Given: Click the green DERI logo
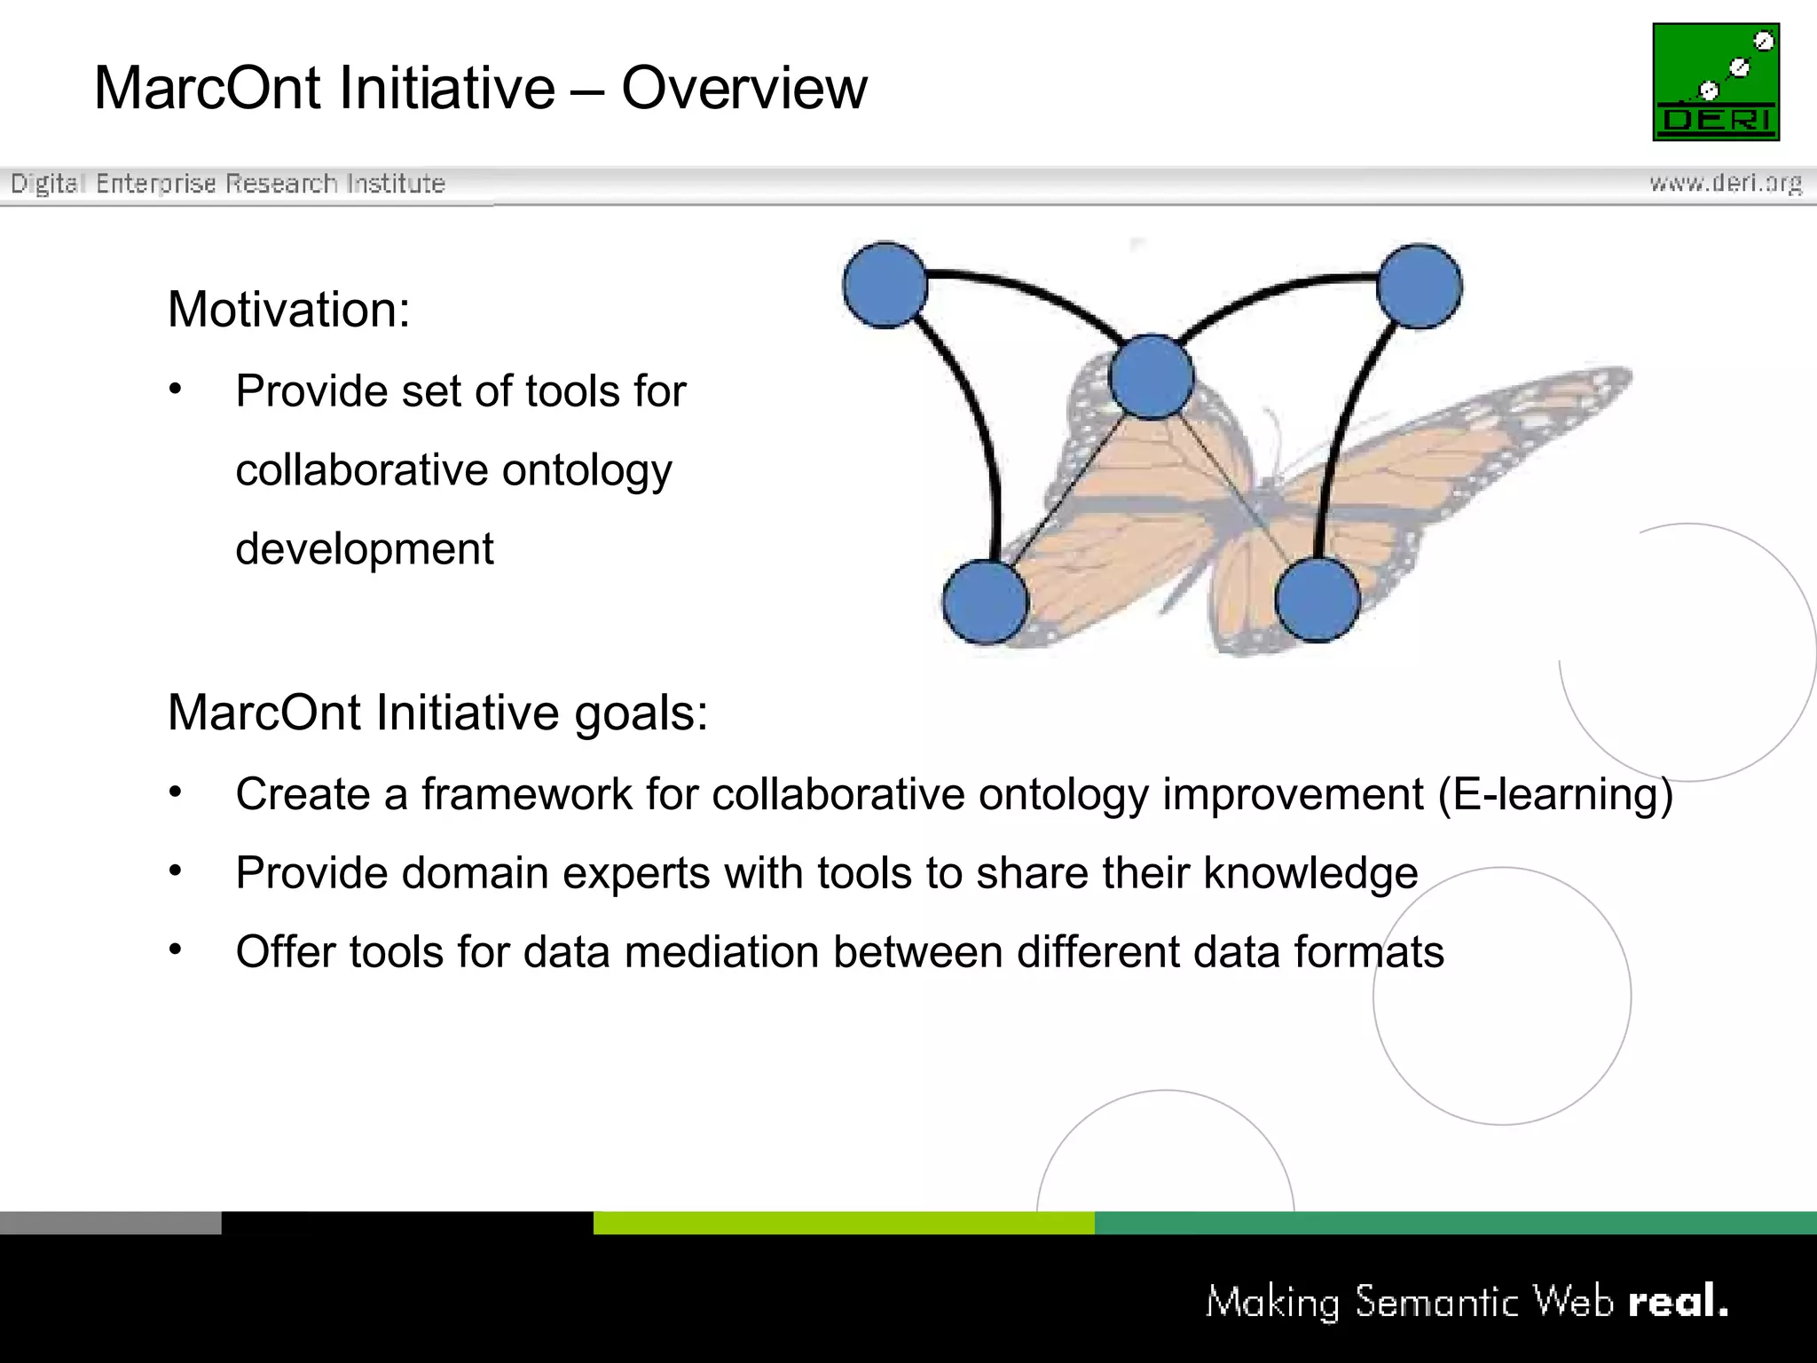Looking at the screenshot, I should [1715, 82].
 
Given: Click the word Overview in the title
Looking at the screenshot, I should [743, 89].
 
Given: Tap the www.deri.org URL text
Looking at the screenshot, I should [1725, 183].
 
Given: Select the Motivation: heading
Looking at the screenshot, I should [289, 310].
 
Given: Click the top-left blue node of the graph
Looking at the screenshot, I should [885, 285].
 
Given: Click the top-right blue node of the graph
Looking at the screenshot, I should [1419, 287].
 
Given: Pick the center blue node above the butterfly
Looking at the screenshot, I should [1151, 377].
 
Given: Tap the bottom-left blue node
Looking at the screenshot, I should [985, 602].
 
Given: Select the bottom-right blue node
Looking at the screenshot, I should [1318, 600].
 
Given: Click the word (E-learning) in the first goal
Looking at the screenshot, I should [1554, 794].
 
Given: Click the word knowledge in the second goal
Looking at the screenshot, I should [1310, 873].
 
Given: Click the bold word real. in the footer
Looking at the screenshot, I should [1678, 1302].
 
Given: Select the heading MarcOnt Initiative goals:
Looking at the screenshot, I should [438, 713].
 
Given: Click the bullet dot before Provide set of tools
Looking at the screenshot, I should [176, 389].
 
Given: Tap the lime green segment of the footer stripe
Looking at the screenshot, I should [843, 1223].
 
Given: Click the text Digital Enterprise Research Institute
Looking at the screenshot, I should [227, 184].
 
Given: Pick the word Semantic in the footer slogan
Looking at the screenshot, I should [1436, 1302].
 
